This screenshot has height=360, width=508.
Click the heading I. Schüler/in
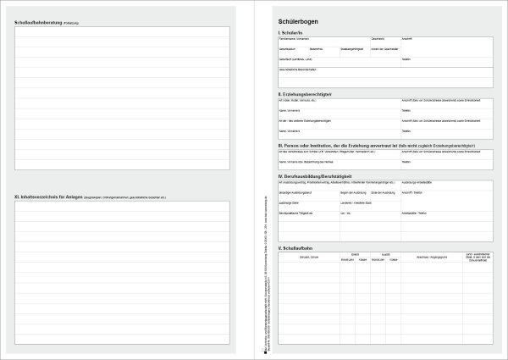pos(290,31)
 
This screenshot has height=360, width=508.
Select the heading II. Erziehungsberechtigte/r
pos(304,93)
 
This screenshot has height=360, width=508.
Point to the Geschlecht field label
pos(378,39)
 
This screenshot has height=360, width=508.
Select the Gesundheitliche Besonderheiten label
pos(301,70)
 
